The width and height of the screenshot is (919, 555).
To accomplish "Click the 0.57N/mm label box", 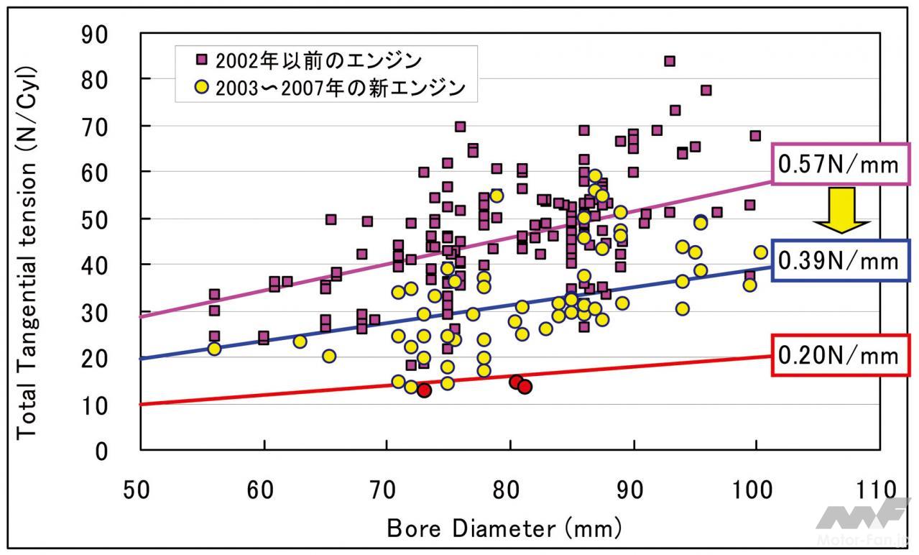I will [x=838, y=165].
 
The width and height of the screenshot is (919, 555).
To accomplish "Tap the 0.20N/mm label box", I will [x=838, y=355].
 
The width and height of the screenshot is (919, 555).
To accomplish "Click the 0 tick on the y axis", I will [x=101, y=451].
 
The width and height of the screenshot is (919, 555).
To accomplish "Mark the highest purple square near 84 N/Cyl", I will [x=669, y=61].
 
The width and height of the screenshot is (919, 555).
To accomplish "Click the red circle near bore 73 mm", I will [x=424, y=390].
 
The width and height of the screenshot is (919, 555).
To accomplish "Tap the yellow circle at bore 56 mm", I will [x=214, y=349].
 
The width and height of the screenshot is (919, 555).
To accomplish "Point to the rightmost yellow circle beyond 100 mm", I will [x=760, y=252].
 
